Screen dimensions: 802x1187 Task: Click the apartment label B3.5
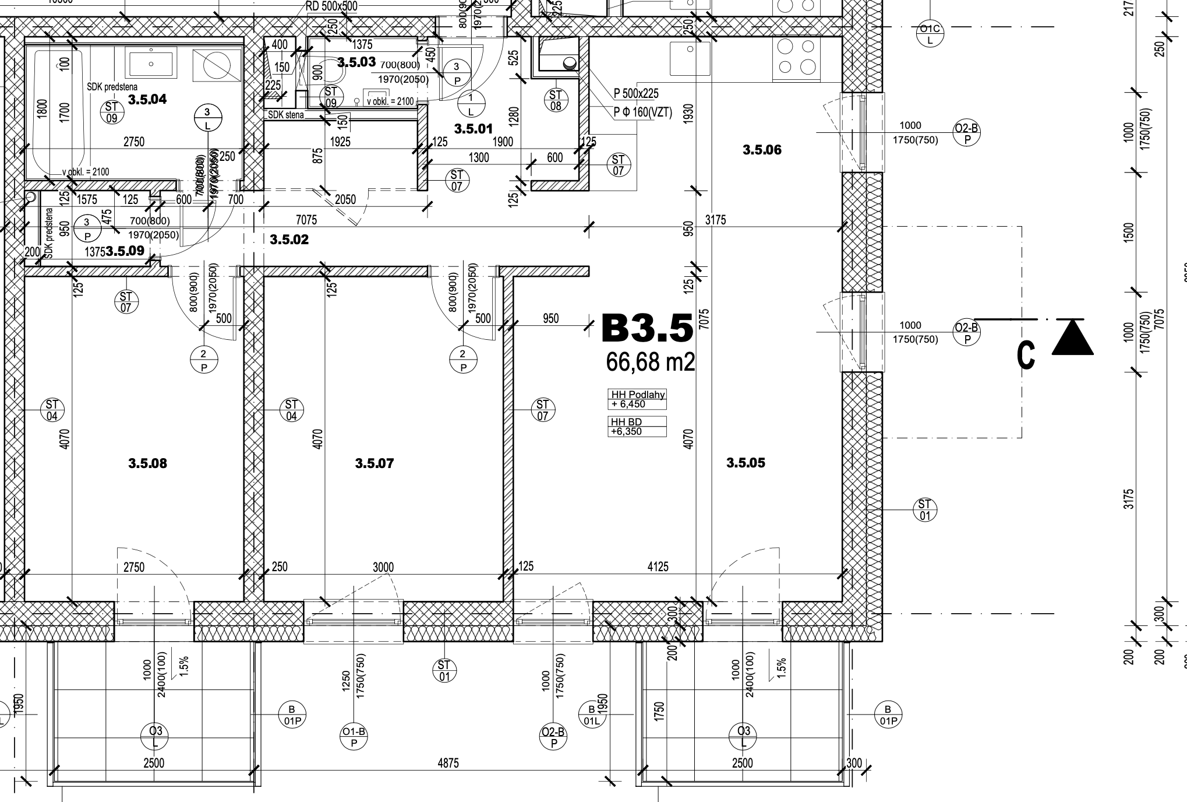647,328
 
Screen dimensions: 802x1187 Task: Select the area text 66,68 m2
650,362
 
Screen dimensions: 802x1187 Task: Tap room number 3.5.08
147,463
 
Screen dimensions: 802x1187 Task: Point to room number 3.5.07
374,463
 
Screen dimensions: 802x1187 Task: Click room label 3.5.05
746,463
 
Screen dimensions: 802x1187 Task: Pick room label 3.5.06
762,150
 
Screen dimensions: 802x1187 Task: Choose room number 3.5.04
147,99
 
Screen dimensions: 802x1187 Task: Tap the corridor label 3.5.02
289,240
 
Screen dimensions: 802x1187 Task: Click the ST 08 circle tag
555,100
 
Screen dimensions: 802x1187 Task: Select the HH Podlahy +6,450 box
637,399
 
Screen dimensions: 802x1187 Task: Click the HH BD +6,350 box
637,426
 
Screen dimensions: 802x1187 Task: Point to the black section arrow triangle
1072,337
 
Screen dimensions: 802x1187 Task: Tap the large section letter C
1026,355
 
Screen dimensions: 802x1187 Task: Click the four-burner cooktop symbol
796,57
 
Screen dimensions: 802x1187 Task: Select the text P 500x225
636,93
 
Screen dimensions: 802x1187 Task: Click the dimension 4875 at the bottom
448,763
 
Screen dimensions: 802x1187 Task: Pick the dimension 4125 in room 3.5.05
658,567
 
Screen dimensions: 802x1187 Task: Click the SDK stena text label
285,115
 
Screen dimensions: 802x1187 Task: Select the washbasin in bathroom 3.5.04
151,64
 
